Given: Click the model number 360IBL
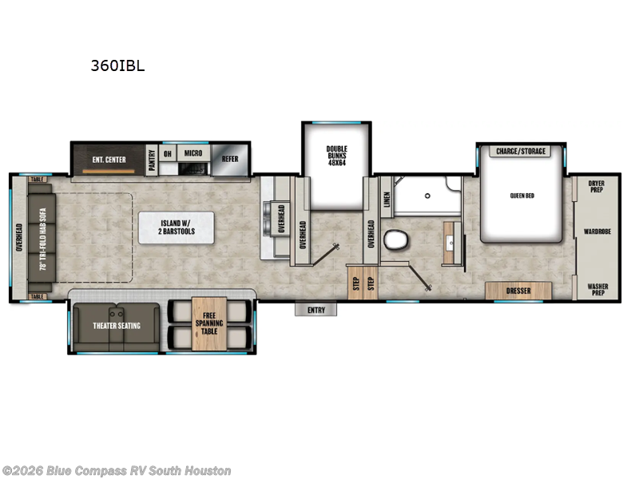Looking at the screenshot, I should [117, 66].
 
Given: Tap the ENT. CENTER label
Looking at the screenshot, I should [109, 160].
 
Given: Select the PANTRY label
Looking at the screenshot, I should [150, 159].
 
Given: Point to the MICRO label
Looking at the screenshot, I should [192, 153].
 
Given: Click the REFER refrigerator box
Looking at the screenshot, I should [230, 159].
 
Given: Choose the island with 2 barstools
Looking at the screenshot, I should [176, 228].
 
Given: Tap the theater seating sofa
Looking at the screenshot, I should [117, 326].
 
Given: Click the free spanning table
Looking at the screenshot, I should [209, 324].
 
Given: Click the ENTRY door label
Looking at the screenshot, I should [316, 310].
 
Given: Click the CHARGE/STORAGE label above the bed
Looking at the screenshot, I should [521, 151].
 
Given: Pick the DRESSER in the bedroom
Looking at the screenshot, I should [518, 291].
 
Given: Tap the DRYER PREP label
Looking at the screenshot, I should [597, 186].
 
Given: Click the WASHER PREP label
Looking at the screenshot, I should [597, 289].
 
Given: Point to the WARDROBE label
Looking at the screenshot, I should [597, 232].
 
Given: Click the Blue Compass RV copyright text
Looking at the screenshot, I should [117, 471].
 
